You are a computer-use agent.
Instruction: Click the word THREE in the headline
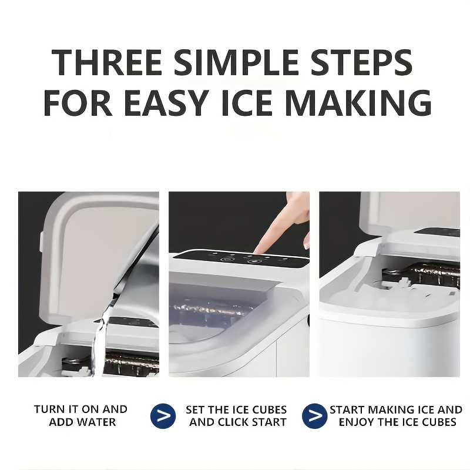[107, 62]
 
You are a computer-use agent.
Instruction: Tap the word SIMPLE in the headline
[236, 62]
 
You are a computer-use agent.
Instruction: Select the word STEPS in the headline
[361, 62]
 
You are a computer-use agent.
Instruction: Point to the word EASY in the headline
[166, 102]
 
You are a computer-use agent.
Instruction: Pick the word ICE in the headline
[247, 102]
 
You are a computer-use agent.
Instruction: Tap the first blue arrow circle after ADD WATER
[163, 416]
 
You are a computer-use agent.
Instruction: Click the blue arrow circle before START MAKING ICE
[315, 416]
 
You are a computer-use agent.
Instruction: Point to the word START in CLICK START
[267, 422]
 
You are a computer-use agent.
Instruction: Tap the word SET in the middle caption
[196, 409]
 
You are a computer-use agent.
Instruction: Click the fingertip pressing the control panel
[257, 250]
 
